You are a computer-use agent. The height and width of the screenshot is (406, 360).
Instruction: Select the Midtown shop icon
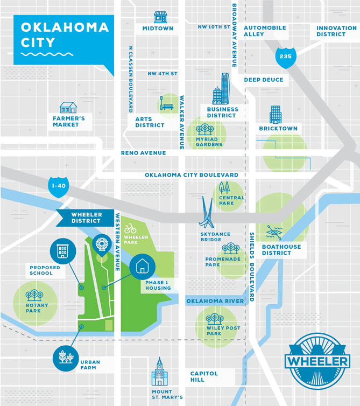point(160,17)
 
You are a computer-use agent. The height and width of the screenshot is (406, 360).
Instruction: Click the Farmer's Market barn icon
point(68,107)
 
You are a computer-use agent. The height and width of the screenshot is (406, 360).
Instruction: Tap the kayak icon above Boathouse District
point(274,232)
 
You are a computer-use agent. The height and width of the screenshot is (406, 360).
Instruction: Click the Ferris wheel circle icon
point(101,244)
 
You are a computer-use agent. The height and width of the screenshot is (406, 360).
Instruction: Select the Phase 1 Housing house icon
point(143,265)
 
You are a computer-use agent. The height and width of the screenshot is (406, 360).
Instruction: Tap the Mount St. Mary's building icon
point(159,372)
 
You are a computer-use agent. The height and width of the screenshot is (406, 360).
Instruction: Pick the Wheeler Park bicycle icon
point(130,229)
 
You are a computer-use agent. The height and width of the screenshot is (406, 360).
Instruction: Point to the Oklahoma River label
point(215,301)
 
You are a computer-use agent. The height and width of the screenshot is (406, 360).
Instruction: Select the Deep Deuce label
point(263,80)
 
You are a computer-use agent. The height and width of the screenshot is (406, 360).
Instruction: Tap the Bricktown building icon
point(276,114)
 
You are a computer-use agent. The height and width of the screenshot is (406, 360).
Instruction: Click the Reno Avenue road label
point(143,153)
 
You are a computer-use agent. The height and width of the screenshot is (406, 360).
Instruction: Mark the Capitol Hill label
point(204,376)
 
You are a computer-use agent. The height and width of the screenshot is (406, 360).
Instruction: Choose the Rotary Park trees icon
point(35,295)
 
